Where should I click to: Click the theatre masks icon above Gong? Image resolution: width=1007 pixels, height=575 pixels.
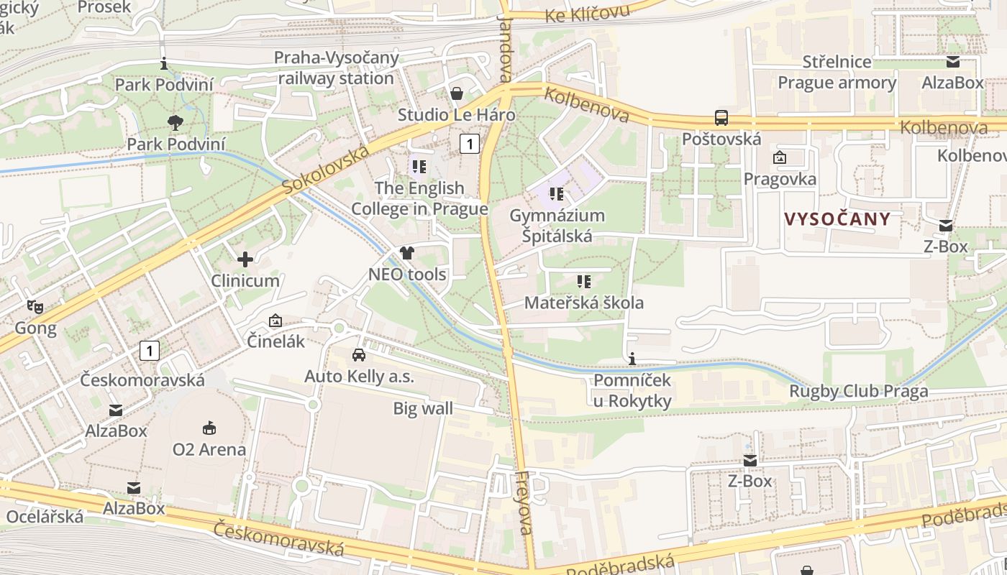[x=35, y=306]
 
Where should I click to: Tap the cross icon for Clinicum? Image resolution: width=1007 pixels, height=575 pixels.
[x=245, y=259]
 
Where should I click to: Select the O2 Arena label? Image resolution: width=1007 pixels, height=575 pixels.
[x=209, y=449]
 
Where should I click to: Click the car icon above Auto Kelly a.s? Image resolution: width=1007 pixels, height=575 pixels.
[x=358, y=354]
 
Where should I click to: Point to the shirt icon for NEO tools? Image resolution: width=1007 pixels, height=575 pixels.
[x=407, y=252]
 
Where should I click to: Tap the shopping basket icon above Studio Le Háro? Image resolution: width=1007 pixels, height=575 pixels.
[x=456, y=93]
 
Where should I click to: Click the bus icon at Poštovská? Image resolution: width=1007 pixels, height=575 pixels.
[x=721, y=117]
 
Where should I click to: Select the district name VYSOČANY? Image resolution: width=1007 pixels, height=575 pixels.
[x=837, y=219]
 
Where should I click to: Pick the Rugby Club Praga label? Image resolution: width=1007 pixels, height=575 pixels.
[x=858, y=392]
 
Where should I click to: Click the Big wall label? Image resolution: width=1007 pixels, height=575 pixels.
[x=423, y=409]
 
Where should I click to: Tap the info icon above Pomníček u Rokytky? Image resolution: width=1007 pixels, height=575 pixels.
[x=632, y=359]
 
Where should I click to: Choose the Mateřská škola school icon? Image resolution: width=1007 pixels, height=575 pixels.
[x=583, y=281]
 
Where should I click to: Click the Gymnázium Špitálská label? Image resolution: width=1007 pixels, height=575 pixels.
[x=557, y=225]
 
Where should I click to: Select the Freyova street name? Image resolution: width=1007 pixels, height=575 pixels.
[x=524, y=503]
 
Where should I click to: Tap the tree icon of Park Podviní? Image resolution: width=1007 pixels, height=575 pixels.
[x=175, y=123]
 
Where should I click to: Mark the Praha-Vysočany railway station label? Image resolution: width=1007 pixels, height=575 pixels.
[x=336, y=68]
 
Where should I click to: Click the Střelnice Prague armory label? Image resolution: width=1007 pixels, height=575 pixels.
[x=837, y=72]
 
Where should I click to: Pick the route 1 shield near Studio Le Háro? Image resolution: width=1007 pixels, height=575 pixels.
[x=469, y=144]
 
